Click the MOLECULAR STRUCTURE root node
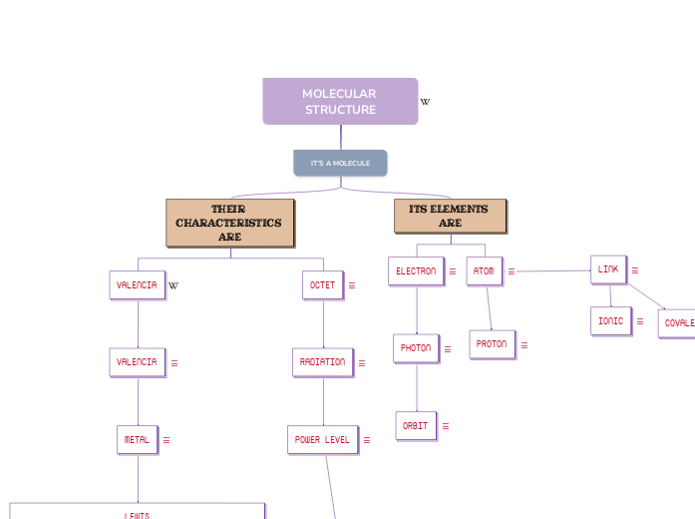click(x=340, y=102)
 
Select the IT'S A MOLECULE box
click(x=340, y=163)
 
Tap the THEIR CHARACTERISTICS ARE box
click(x=229, y=223)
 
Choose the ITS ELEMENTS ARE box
click(x=450, y=217)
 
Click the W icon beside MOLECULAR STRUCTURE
click(x=425, y=102)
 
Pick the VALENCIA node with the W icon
click(x=137, y=284)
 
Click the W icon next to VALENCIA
click(x=174, y=285)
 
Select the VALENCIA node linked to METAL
click(x=137, y=362)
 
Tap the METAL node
click(x=137, y=439)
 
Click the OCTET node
click(x=322, y=284)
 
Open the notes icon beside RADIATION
click(x=361, y=363)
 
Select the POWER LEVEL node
click(x=322, y=439)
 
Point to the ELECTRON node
click(x=416, y=270)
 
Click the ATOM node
click(x=484, y=270)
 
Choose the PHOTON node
click(x=416, y=348)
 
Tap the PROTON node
click(x=492, y=344)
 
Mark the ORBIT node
click(x=415, y=425)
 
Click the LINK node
click(x=608, y=269)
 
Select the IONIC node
click(x=610, y=321)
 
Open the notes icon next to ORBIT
click(x=445, y=426)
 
